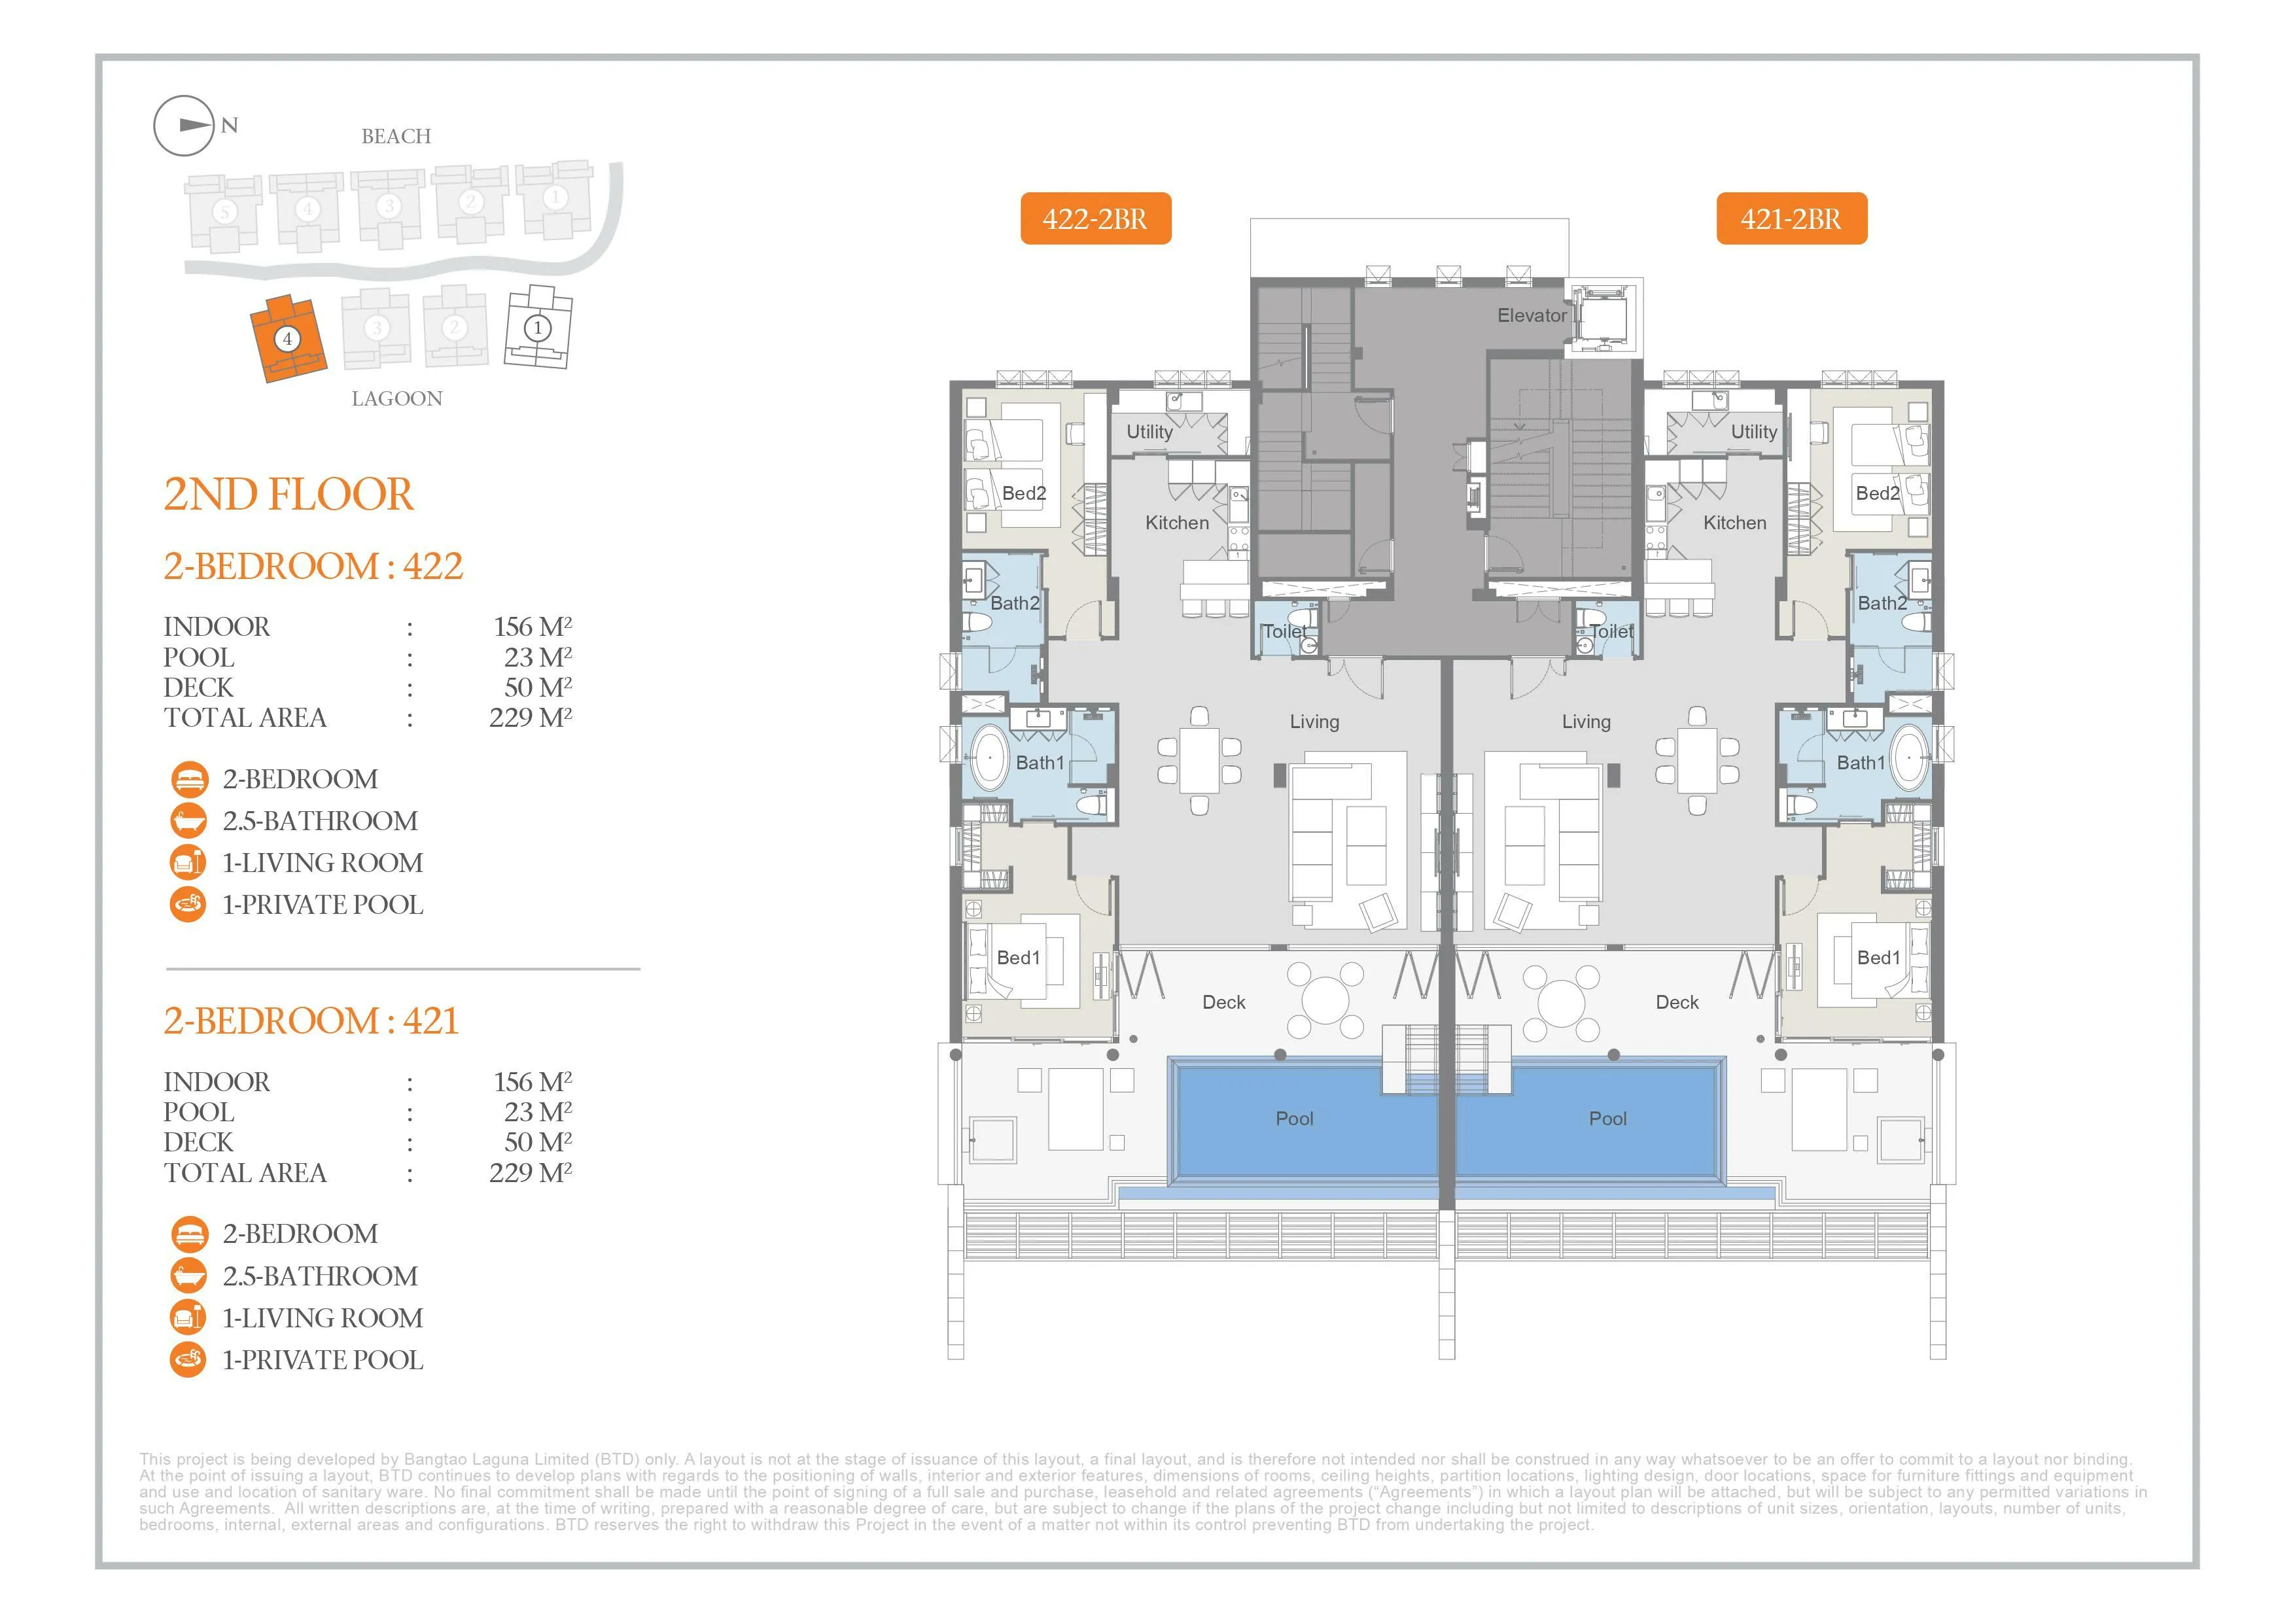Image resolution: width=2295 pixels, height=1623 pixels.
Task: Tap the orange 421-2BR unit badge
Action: pos(1791,218)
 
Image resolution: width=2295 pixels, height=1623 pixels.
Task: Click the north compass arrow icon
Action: pos(184,126)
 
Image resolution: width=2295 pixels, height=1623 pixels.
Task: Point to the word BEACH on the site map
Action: pos(396,137)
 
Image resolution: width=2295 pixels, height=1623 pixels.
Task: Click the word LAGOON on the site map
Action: pos(397,399)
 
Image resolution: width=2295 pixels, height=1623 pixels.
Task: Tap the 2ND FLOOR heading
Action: pos(288,495)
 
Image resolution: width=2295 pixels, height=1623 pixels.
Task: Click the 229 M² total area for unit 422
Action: pos(530,718)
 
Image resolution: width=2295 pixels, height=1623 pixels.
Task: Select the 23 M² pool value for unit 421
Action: pos(538,1112)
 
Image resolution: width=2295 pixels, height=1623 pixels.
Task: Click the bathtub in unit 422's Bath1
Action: pos(990,759)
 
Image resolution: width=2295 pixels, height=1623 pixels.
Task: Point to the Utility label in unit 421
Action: pos(1754,432)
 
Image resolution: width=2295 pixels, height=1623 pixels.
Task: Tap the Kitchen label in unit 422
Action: pos(1176,523)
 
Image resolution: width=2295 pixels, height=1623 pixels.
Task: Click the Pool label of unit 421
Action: pos(1607,1119)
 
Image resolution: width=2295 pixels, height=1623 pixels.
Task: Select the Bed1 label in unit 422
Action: pos(1019,958)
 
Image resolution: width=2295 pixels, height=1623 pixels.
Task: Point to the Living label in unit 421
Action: pos(1586,722)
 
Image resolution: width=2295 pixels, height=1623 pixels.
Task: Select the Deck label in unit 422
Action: pos(1223,1002)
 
